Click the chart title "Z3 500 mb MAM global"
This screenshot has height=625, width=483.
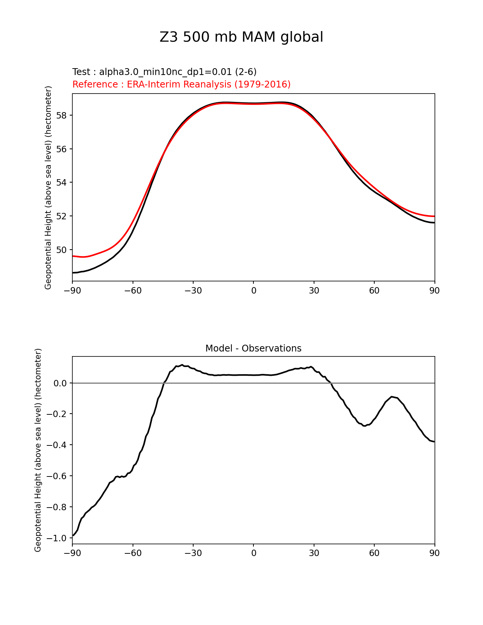tap(241, 37)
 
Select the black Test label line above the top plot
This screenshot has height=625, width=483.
tap(164, 72)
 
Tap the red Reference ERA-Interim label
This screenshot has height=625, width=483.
tap(181, 84)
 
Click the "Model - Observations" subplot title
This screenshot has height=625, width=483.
tap(253, 348)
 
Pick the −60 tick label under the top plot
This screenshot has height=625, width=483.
tap(133, 291)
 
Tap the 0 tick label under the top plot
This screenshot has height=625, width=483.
tap(253, 291)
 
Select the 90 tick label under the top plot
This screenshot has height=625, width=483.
tap(435, 291)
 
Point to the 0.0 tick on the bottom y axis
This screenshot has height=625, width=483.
tap(60, 383)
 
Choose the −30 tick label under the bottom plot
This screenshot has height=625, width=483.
tap(193, 553)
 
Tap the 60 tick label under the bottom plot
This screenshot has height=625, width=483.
tap(374, 553)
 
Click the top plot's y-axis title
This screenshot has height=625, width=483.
tap(48, 187)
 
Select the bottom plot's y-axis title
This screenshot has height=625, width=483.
tap(38, 450)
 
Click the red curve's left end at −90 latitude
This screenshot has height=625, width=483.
tap(73, 256)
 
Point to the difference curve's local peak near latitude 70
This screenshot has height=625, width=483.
tap(392, 397)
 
